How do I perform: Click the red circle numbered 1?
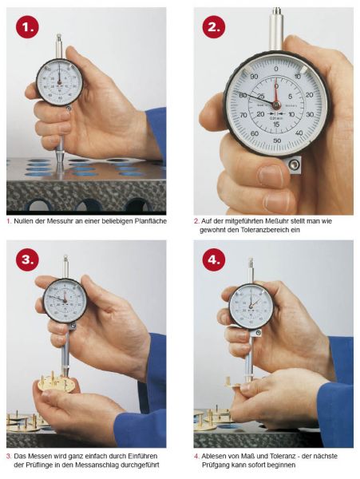pyautogui.click(x=27, y=27)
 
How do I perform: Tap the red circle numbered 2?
pyautogui.click(x=214, y=27)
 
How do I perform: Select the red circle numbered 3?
pyautogui.click(x=27, y=259)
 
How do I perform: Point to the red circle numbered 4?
pyautogui.click(x=214, y=259)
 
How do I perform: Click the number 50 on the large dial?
pyautogui.click(x=277, y=141)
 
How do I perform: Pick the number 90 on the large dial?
pyautogui.click(x=254, y=77)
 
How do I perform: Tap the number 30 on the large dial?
pyautogui.click(x=310, y=114)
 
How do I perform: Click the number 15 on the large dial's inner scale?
pyautogui.click(x=276, y=125)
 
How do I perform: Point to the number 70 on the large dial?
pyautogui.click(x=243, y=116)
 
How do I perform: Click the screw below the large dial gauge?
pyautogui.click(x=294, y=165)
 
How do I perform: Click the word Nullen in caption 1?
pyautogui.click(x=24, y=221)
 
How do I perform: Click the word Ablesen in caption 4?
pyautogui.click(x=213, y=456)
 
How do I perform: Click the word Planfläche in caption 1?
pyautogui.click(x=151, y=221)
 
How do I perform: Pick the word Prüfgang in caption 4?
pyautogui.click(x=215, y=465)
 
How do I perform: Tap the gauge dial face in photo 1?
pyautogui.click(x=59, y=82)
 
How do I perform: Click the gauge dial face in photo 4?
pyautogui.click(x=251, y=307)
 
